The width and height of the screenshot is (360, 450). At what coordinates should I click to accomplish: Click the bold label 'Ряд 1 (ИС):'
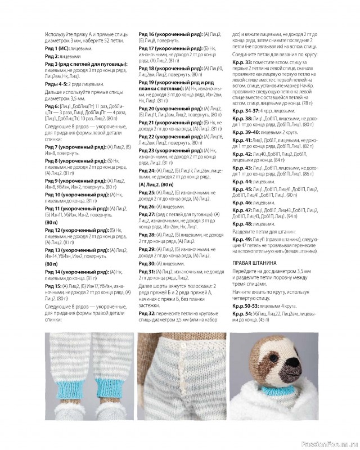[57, 49]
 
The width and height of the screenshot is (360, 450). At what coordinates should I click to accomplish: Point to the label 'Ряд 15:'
[53, 286]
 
